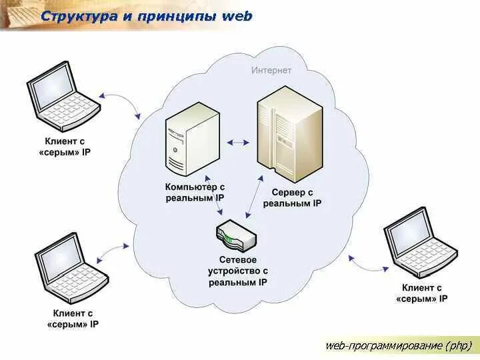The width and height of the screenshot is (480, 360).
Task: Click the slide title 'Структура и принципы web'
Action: click(x=147, y=16)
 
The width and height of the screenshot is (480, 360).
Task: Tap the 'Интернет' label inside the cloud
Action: click(x=271, y=71)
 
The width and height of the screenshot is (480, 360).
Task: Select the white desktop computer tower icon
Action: click(x=192, y=143)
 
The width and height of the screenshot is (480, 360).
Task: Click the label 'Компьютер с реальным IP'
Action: click(x=195, y=193)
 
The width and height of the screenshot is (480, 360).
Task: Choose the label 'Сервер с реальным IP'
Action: click(x=292, y=198)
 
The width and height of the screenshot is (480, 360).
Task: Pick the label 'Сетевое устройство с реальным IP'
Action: click(x=238, y=271)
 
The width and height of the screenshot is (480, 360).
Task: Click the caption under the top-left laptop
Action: click(x=65, y=147)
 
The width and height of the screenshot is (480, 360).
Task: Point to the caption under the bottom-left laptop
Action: click(x=73, y=318)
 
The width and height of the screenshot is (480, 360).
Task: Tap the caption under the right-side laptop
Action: click(x=421, y=293)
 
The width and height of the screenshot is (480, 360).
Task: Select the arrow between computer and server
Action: click(x=237, y=142)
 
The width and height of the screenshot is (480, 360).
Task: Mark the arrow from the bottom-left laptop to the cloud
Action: click(x=113, y=252)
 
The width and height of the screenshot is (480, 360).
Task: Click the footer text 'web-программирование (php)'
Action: click(x=398, y=345)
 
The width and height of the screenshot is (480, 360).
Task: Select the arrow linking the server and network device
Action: click(x=254, y=197)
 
